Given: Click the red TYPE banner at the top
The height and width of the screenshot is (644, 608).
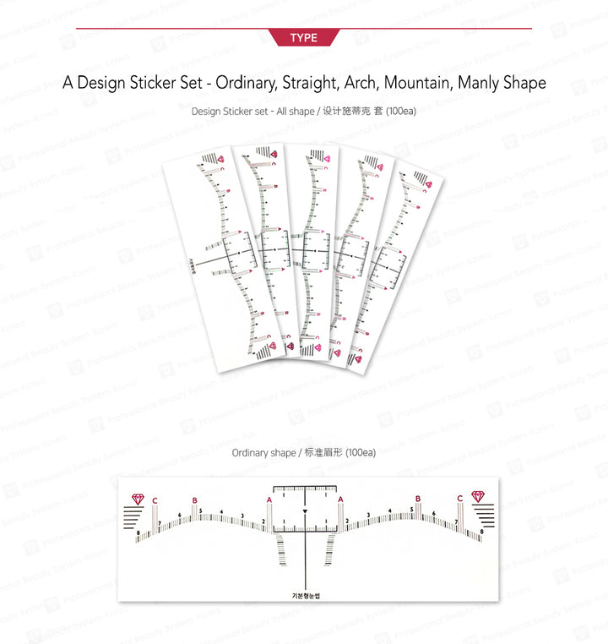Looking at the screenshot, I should [x=303, y=38].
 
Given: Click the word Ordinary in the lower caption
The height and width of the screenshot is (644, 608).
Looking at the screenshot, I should [x=251, y=453].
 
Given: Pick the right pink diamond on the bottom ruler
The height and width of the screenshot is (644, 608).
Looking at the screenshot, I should [x=478, y=496].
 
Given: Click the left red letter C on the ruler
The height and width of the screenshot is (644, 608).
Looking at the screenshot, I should [x=155, y=500].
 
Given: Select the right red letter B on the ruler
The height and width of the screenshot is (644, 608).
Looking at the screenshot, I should [x=416, y=500].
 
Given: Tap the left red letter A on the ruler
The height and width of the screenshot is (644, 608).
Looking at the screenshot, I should [x=269, y=500].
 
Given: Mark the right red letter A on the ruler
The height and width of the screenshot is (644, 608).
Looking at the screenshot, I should [x=340, y=500].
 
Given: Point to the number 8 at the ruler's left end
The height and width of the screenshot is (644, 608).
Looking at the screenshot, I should [x=138, y=533].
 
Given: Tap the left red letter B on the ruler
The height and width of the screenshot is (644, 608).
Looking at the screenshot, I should [x=194, y=500].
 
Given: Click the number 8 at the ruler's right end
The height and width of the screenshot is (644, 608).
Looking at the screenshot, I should [x=481, y=532].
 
